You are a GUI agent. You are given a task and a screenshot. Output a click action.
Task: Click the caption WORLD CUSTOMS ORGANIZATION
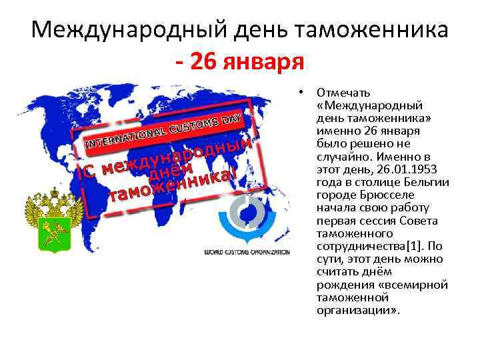pyautogui.click(x=247, y=253)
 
